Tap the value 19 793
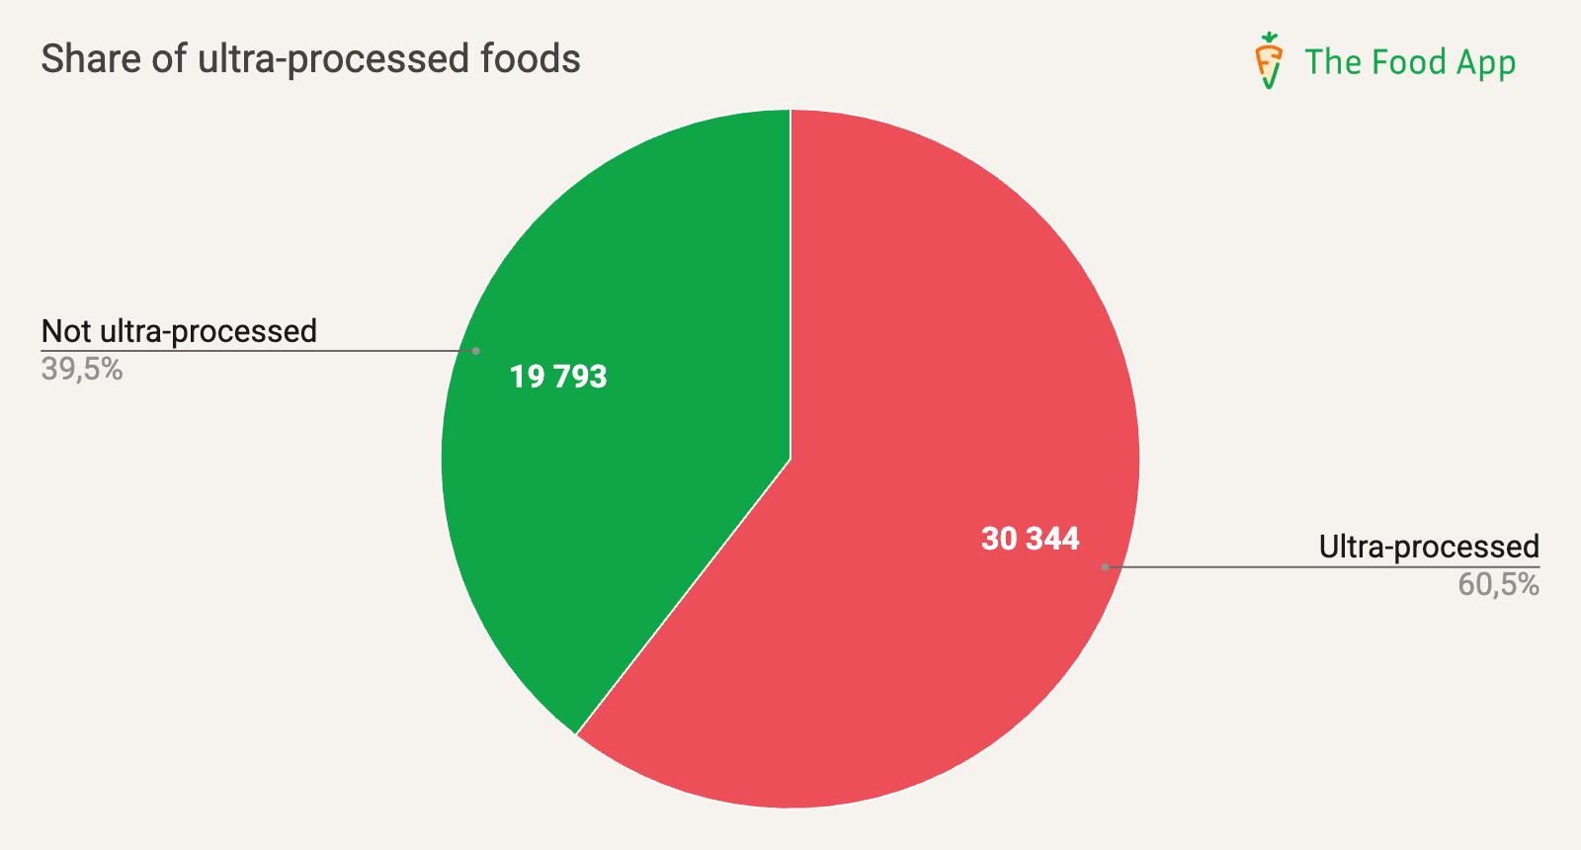point(558,377)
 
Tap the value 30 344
point(1030,539)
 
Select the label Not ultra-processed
point(179,331)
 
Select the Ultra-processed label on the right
point(1429,547)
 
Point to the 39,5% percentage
point(82,370)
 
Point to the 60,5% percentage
point(1498,585)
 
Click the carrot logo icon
point(1269,61)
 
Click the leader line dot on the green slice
point(476,351)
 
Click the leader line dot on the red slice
point(1105,567)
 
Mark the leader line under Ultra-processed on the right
point(1324,567)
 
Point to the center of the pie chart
point(790,459)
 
